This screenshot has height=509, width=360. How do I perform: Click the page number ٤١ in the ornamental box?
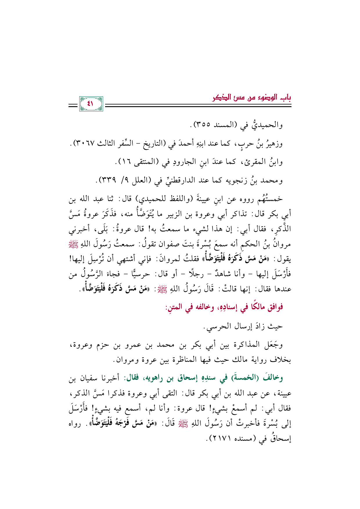(91, 104)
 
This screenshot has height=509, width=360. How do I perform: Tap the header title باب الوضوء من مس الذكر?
(251, 98)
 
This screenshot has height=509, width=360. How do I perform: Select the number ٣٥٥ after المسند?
(204, 125)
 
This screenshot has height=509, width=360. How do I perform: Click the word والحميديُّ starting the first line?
(267, 125)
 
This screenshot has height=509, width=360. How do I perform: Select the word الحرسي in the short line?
(215, 326)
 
